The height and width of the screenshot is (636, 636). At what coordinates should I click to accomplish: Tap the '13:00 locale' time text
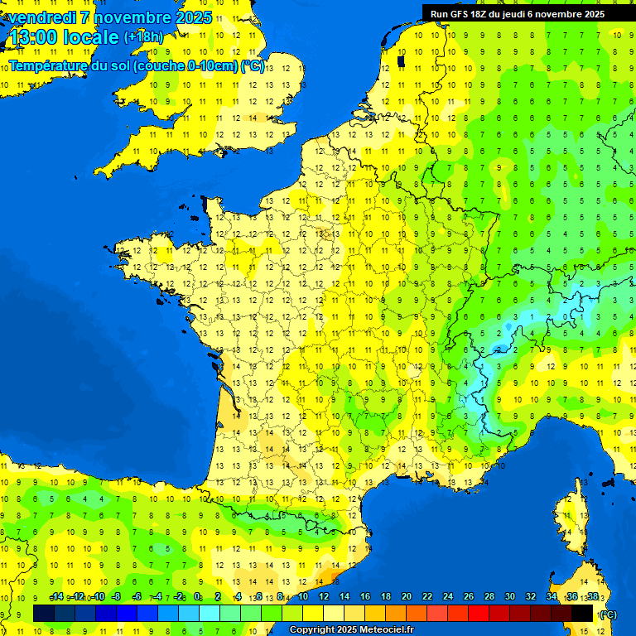[x=65, y=37]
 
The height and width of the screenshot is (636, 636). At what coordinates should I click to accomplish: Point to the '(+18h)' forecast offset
[x=143, y=36]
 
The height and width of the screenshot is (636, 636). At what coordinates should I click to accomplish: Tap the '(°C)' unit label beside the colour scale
[x=607, y=614]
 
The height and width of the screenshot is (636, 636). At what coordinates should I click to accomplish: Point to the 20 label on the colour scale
[x=406, y=596]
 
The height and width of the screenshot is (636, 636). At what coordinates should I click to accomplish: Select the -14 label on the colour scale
[x=56, y=596]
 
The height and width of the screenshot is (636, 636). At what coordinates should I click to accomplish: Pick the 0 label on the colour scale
[x=197, y=596]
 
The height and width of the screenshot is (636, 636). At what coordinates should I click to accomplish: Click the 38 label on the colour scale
[x=592, y=596]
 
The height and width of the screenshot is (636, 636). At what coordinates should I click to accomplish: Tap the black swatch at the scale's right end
[x=582, y=613]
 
